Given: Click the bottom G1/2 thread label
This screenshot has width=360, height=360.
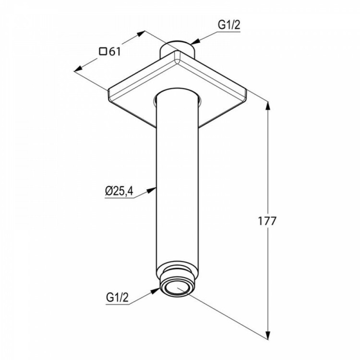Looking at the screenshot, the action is [117, 298].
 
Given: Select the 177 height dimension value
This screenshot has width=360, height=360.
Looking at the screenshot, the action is [267, 221].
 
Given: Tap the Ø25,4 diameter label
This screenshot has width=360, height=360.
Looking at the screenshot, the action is [119, 191].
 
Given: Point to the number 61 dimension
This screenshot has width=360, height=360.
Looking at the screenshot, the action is [115, 52].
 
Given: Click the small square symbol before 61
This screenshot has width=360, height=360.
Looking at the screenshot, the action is [103, 51].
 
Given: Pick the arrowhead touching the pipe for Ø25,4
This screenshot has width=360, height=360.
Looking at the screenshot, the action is [152, 191].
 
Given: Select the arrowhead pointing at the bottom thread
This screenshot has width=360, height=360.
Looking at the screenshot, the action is [155, 291].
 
